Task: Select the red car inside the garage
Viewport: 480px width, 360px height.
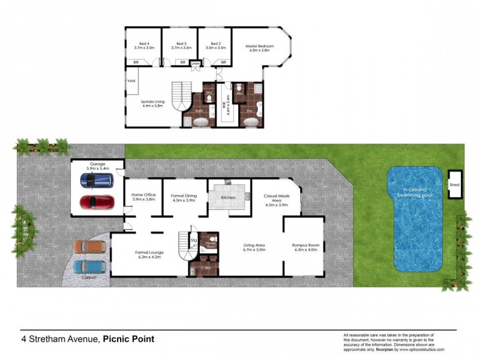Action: click(x=96, y=202)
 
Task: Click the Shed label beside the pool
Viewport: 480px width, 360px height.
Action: click(x=454, y=185)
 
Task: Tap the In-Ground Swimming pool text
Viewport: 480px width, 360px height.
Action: click(x=418, y=193)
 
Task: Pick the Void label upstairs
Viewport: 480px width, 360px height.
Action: click(x=131, y=80)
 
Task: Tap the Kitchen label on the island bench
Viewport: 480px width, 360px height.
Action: click(x=228, y=197)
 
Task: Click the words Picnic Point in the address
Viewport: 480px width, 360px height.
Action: click(x=128, y=339)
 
